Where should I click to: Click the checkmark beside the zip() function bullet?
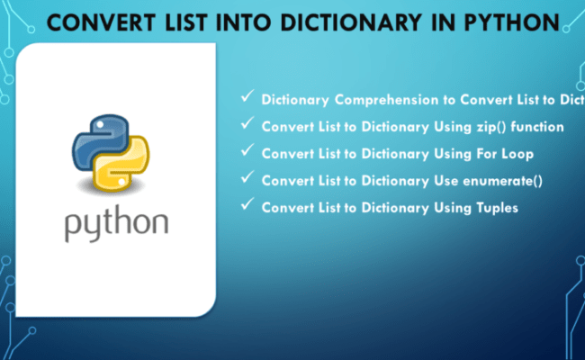coord(247,125)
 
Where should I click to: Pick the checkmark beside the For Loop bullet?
coord(247,152)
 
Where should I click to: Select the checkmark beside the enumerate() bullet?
coord(247,179)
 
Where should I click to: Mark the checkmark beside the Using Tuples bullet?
coord(247,206)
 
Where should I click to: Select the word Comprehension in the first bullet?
coord(376,100)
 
